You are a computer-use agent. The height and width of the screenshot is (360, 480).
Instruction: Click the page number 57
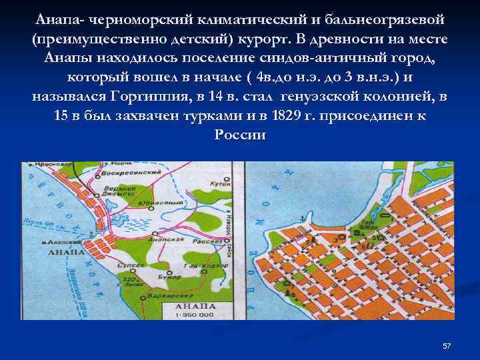[447, 346]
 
